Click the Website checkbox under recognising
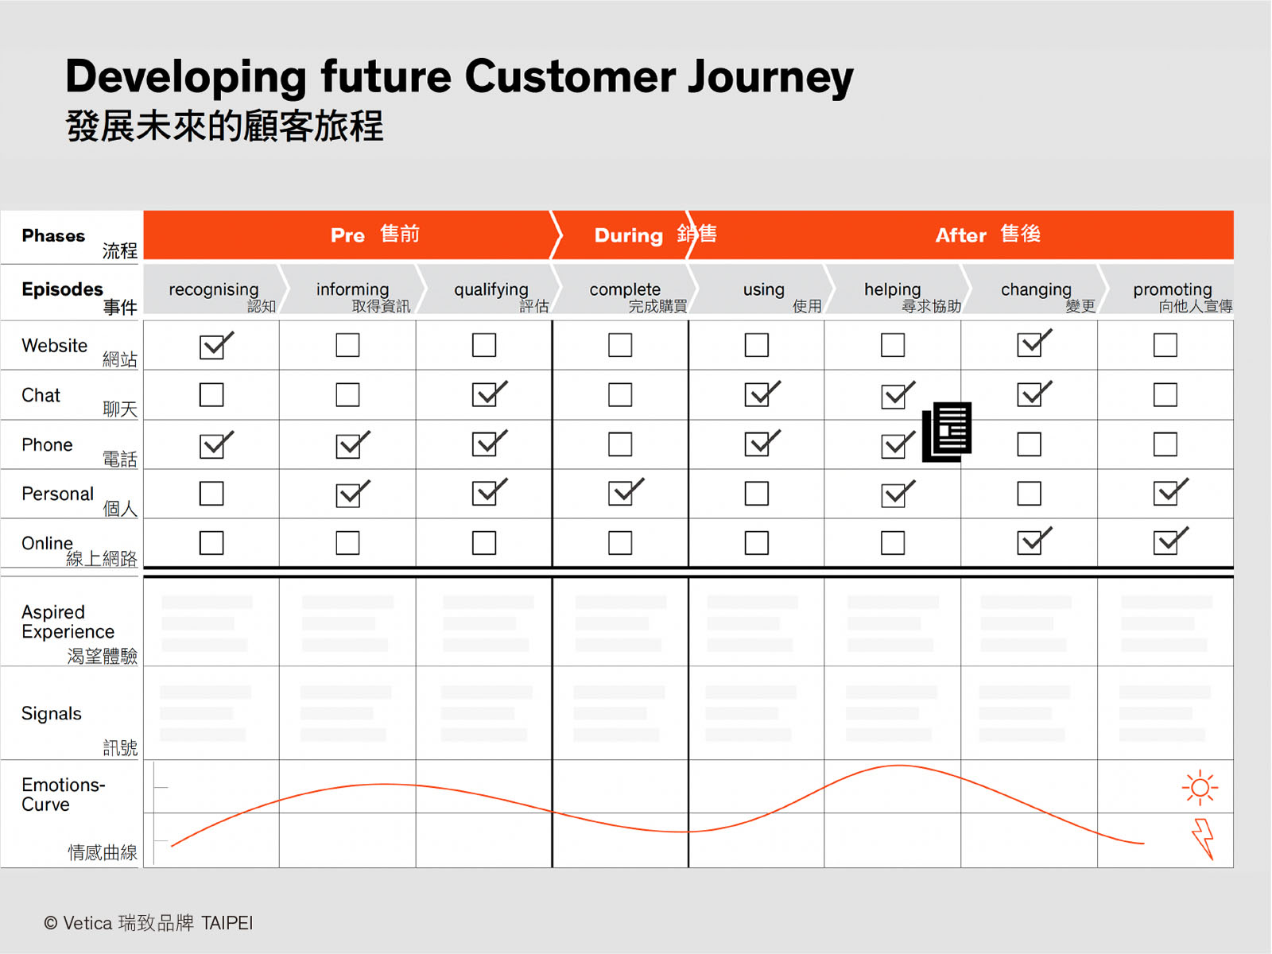click(212, 347)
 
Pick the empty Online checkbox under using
click(756, 543)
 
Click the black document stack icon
click(947, 432)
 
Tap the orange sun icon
click(1200, 788)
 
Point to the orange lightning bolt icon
click(1203, 838)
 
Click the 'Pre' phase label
click(347, 235)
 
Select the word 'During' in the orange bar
click(629, 236)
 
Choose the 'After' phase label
click(960, 235)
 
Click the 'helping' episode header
click(893, 289)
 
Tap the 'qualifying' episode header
click(491, 289)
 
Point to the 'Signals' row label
click(52, 714)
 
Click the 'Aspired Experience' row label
click(68, 622)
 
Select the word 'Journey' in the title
click(770, 78)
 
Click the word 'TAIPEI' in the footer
click(227, 923)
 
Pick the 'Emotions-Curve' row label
click(63, 795)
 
